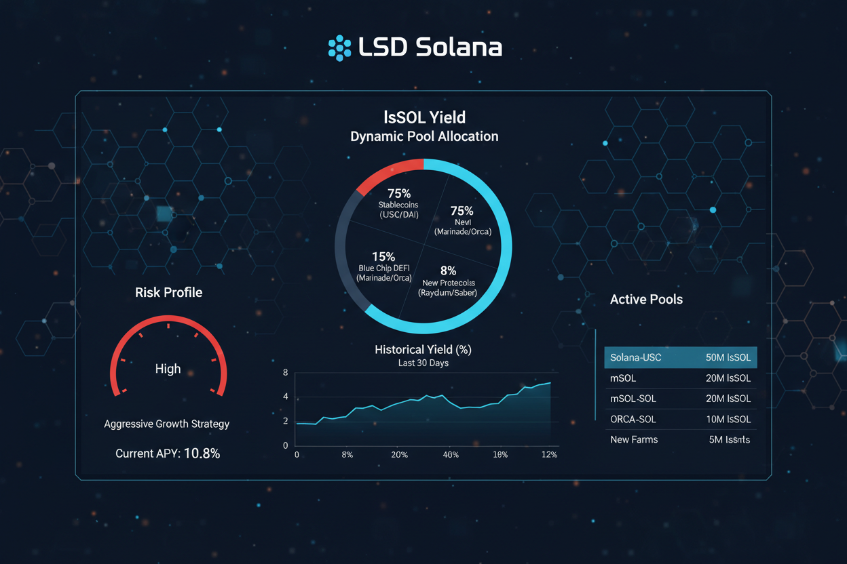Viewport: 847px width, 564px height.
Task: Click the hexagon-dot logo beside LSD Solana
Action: tap(339, 47)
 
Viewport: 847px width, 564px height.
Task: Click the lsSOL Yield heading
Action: tap(424, 117)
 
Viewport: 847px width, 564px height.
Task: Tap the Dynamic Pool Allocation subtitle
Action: tap(424, 136)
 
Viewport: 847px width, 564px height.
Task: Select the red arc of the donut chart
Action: tap(387, 174)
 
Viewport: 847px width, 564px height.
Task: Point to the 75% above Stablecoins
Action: tap(398, 194)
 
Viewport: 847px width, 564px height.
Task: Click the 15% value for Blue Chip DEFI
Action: tap(383, 257)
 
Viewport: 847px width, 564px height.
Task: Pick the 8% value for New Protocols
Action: tap(448, 270)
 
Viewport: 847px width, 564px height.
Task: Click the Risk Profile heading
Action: tap(168, 293)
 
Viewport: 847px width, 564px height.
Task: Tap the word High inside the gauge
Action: tap(168, 369)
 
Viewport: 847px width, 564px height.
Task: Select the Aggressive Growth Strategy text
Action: tap(166, 424)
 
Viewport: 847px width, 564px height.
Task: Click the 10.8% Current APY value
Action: tap(202, 454)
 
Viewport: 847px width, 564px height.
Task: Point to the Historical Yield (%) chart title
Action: tap(423, 350)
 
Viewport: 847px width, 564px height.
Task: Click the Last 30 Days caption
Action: tap(423, 363)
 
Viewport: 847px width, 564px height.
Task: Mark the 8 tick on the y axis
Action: tap(285, 373)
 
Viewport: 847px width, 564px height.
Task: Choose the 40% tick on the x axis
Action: tap(451, 455)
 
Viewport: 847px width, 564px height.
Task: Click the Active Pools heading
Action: tap(646, 300)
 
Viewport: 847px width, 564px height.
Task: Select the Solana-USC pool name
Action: tap(635, 358)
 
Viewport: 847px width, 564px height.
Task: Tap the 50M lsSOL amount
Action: tap(728, 358)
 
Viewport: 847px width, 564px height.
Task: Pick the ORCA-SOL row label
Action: tap(633, 420)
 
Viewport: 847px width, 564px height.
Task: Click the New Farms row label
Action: tap(634, 440)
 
